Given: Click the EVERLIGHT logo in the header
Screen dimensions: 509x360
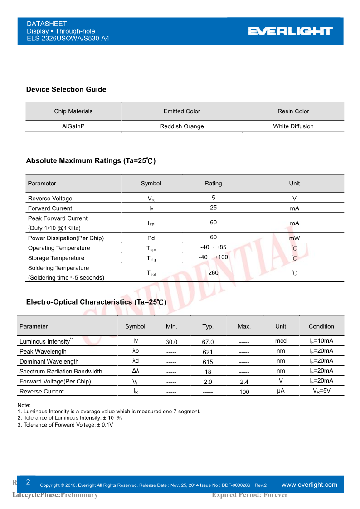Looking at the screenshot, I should click(x=290, y=31).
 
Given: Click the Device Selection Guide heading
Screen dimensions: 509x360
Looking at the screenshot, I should click(x=66, y=89).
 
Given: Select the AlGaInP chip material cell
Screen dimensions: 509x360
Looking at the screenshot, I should click(x=73, y=126).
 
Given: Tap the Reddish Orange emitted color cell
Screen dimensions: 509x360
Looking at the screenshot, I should click(x=182, y=126).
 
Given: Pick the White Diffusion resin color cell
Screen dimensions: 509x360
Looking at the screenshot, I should click(x=293, y=126).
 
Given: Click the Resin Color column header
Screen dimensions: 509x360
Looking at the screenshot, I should click(x=293, y=111).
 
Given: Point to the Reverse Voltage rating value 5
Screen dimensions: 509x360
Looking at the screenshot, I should click(x=213, y=198).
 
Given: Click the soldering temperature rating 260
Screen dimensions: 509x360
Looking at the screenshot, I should click(x=213, y=273).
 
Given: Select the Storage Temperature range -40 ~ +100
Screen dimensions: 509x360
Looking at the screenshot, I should click(x=213, y=257).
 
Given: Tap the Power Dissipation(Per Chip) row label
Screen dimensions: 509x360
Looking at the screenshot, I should click(x=66, y=238).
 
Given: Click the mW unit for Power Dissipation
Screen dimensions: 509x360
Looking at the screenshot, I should click(x=294, y=238).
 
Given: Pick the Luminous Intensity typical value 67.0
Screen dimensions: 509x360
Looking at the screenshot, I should click(x=208, y=342).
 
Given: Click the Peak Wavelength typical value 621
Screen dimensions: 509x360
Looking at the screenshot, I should click(x=208, y=352).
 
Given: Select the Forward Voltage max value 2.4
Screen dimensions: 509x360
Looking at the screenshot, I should click(x=244, y=382).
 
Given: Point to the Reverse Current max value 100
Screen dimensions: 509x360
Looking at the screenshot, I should click(x=244, y=392).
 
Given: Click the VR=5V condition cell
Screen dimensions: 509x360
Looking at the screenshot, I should click(x=321, y=391).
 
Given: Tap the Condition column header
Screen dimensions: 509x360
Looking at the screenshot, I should click(x=321, y=326).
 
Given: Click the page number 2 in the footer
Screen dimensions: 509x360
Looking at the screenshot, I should click(x=28, y=482).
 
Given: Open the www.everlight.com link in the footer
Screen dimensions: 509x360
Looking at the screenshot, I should click(x=309, y=485).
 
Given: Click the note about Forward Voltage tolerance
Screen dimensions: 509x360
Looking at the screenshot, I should click(x=65, y=425).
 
